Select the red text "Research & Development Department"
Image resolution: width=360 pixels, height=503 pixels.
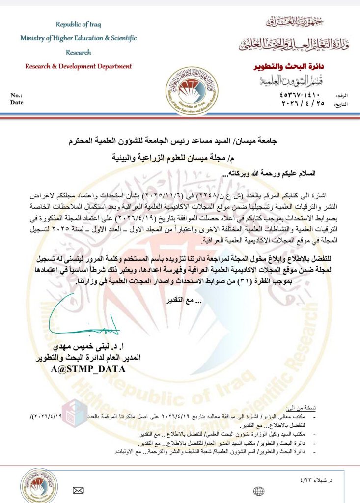[x=78, y=66]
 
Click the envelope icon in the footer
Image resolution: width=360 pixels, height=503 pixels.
[x=78, y=490]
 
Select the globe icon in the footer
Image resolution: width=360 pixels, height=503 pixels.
[x=259, y=491]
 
